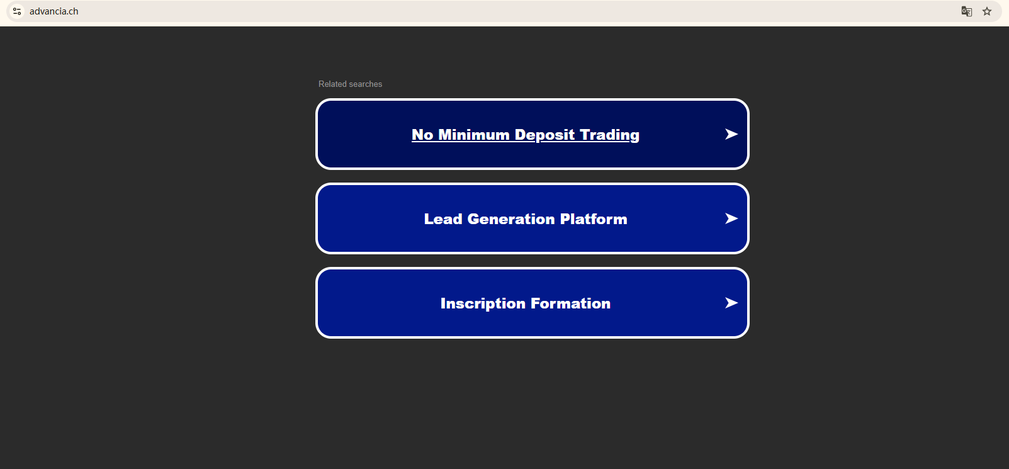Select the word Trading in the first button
click(609, 135)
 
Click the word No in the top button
click(422, 135)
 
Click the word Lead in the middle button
click(443, 219)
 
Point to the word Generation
click(511, 219)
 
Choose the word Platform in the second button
click(594, 219)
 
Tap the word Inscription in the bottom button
click(483, 303)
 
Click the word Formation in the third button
click(571, 303)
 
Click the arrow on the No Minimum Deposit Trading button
click(731, 134)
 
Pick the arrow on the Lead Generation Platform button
click(731, 218)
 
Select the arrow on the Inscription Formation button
click(731, 303)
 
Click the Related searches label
click(350, 84)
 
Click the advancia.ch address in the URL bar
click(54, 11)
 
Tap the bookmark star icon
click(987, 11)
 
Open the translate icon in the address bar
click(967, 11)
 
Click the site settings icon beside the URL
click(17, 11)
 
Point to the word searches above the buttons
click(366, 84)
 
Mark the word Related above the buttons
click(333, 84)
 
